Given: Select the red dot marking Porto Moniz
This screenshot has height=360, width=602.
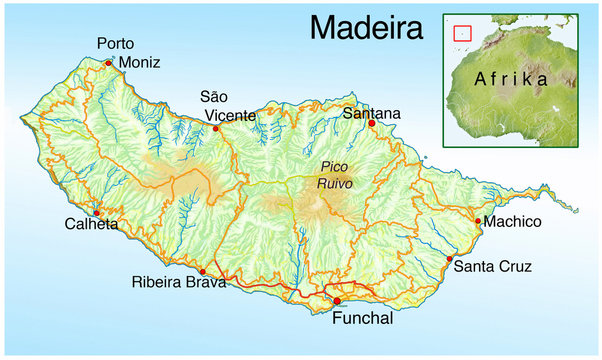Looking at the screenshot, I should click(x=108, y=63).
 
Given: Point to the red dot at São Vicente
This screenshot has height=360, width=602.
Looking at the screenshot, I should click(x=216, y=129).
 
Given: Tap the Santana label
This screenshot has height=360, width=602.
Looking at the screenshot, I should click(x=371, y=113).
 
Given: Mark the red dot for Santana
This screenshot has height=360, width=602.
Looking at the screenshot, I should click(x=371, y=124).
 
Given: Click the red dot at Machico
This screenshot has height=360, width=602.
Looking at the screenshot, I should click(x=479, y=222).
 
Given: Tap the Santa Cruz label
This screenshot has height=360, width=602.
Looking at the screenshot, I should click(x=492, y=267).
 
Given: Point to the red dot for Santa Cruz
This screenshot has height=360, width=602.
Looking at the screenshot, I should click(x=449, y=259).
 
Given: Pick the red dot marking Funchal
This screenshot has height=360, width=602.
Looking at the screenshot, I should click(x=337, y=301).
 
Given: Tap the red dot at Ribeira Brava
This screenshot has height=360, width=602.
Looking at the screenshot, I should click(x=203, y=271).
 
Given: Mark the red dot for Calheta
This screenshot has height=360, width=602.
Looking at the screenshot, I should click(x=97, y=213).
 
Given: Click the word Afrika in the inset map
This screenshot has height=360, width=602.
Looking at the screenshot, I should click(x=512, y=78).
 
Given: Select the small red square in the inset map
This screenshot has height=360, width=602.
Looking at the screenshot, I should click(x=462, y=32).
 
